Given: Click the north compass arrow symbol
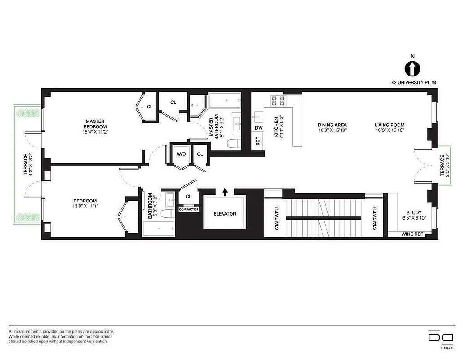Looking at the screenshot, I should pyautogui.click(x=412, y=69).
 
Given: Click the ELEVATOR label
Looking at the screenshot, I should pyautogui.click(x=225, y=214).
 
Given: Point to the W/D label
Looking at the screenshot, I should pyautogui.click(x=181, y=154).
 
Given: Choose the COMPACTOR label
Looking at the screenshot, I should pyautogui.click(x=188, y=209).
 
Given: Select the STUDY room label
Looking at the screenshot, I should pyautogui.click(x=414, y=212).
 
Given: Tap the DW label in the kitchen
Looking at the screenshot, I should pyautogui.click(x=258, y=128).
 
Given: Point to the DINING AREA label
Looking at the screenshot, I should pyautogui.click(x=332, y=125).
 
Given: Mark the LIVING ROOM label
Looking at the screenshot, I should pyautogui.click(x=389, y=125).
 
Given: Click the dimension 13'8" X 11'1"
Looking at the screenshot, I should pyautogui.click(x=85, y=207).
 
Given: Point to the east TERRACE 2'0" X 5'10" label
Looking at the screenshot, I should pyautogui.click(x=444, y=166).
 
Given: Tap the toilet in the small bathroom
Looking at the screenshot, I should pyautogui.click(x=167, y=214).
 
